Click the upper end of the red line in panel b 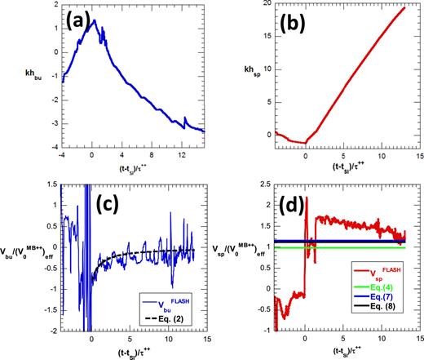[x=404, y=8]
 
